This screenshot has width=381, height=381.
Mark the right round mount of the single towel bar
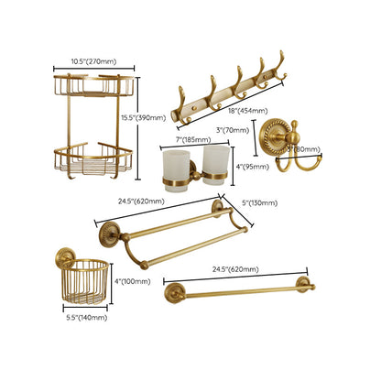pos(301,284)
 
